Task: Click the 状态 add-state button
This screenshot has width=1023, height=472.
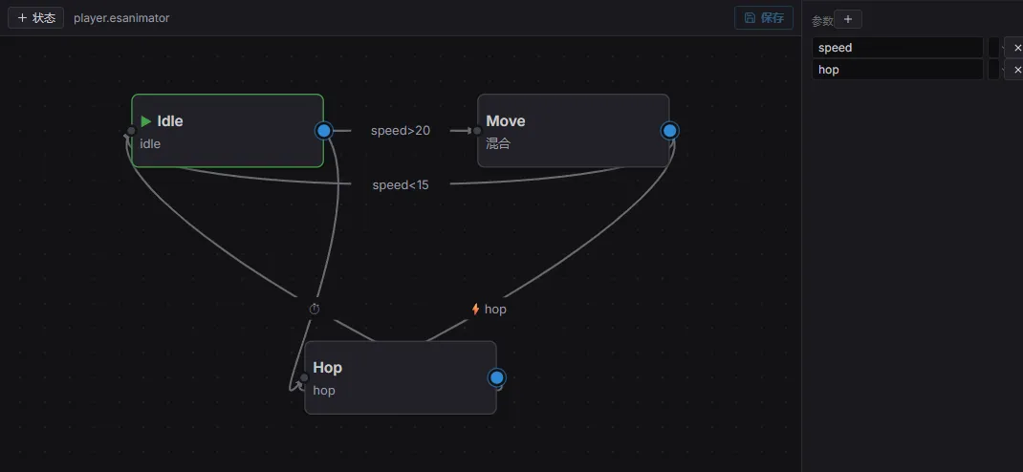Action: click(36, 17)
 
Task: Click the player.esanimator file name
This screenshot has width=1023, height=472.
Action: click(121, 18)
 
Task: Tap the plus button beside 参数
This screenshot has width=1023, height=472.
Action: click(847, 19)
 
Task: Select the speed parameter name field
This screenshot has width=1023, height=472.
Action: click(897, 48)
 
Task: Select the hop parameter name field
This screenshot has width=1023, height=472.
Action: click(897, 70)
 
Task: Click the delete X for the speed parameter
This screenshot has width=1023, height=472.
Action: click(1015, 48)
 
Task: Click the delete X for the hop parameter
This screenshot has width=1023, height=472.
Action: click(1015, 70)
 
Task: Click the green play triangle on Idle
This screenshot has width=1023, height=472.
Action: click(146, 121)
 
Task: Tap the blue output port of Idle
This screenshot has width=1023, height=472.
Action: click(323, 130)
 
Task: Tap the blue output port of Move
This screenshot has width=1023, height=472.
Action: click(669, 130)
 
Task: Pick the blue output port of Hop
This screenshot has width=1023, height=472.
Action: click(496, 377)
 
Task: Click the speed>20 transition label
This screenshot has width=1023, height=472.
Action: click(401, 130)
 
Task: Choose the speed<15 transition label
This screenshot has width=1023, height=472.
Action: click(401, 185)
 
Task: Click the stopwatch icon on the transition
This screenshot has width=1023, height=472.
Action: click(315, 309)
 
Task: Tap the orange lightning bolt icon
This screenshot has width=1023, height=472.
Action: click(475, 309)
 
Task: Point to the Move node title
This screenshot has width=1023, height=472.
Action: click(506, 121)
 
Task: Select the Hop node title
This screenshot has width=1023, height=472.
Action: click(328, 368)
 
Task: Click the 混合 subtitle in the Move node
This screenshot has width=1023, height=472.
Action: click(498, 143)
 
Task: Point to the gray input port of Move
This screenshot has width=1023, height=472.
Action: click(477, 131)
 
